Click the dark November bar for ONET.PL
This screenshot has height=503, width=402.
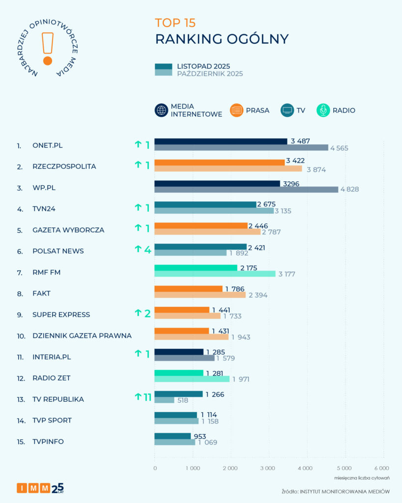point(221,141)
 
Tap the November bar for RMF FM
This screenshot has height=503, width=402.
point(196,268)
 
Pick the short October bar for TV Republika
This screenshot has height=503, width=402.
point(164,400)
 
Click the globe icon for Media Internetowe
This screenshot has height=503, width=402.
point(161,111)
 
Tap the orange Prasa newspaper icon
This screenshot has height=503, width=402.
point(237,111)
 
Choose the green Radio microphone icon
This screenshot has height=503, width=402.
point(323,111)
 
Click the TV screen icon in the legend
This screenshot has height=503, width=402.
point(287,111)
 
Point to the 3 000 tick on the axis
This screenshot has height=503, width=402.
point(268,468)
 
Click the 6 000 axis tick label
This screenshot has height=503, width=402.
point(381,468)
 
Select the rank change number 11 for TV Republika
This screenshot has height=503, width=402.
point(147,397)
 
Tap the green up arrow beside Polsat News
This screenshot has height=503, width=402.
point(138,249)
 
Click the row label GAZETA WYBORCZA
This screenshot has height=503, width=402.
point(68,230)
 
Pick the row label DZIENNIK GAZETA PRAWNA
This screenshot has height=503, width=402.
point(82,336)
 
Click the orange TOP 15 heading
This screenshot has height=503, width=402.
point(175,23)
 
